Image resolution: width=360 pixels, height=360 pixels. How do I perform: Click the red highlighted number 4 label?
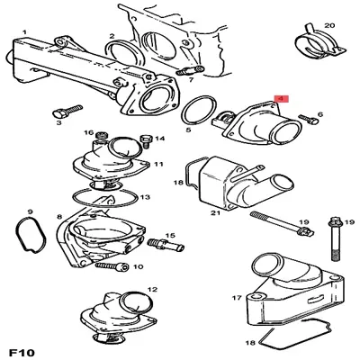click(x=281, y=99)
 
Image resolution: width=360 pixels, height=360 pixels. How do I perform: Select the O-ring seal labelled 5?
click(x=199, y=110)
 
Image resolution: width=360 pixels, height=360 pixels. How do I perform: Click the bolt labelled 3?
click(x=67, y=111)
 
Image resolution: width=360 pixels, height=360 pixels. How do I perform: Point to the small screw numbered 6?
click(x=308, y=119)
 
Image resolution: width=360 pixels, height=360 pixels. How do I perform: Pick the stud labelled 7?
click(x=189, y=71)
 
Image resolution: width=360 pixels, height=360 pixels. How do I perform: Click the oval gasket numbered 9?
click(x=31, y=235)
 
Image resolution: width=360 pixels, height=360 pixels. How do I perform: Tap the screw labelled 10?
click(x=112, y=265)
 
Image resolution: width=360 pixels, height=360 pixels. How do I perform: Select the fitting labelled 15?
click(x=166, y=245)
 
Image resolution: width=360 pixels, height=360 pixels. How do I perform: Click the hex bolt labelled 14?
click(x=146, y=141)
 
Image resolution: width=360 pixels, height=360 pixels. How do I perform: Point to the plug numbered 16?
click(x=102, y=136)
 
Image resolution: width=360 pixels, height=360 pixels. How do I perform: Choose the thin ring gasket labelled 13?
click(x=105, y=198)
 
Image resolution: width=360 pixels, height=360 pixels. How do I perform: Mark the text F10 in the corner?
click(x=22, y=352)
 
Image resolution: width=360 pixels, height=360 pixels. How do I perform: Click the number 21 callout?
click(x=215, y=213)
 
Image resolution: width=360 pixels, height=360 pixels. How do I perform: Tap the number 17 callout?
click(x=237, y=298)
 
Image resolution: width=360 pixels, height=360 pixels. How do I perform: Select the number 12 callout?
click(x=152, y=289)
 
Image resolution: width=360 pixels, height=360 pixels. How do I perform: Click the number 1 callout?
click(x=24, y=31)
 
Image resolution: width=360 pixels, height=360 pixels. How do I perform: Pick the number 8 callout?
click(x=59, y=216)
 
